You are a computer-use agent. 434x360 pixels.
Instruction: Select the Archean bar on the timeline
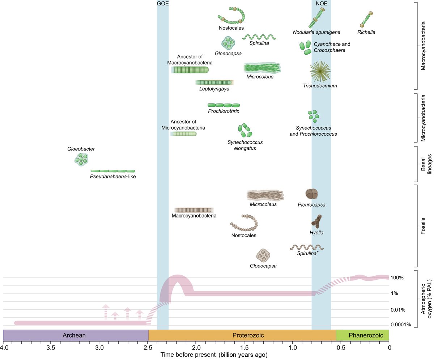(x=76, y=335)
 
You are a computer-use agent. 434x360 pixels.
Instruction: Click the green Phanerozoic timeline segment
(x=362, y=335)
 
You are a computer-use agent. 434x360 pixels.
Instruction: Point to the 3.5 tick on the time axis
(x=51, y=348)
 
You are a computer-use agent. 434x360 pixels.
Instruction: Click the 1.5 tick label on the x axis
(x=244, y=348)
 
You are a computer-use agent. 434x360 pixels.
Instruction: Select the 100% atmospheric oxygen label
(x=397, y=278)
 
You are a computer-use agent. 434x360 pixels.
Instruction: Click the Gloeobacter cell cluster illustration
(x=81, y=159)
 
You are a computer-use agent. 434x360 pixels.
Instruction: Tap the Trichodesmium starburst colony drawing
(x=320, y=71)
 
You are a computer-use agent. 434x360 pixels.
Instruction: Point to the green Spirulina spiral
(x=259, y=37)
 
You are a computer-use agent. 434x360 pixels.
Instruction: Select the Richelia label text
(x=366, y=32)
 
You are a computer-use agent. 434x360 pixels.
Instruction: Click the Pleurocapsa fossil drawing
(x=311, y=194)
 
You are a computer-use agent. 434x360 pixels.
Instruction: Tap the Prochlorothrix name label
(x=224, y=111)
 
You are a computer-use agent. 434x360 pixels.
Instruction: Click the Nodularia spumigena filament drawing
(x=316, y=18)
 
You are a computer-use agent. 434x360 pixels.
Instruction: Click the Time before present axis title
(x=214, y=355)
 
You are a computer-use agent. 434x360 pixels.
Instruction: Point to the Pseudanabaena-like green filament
(x=112, y=171)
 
